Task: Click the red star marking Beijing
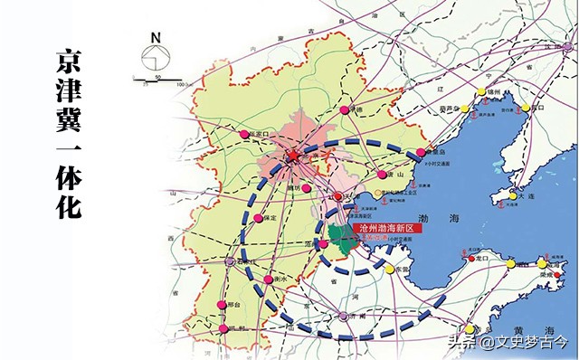pyautogui.click(x=293, y=157)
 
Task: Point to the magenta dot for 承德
pyautogui.click(x=345, y=109)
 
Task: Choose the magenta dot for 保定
pyautogui.click(x=260, y=219)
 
